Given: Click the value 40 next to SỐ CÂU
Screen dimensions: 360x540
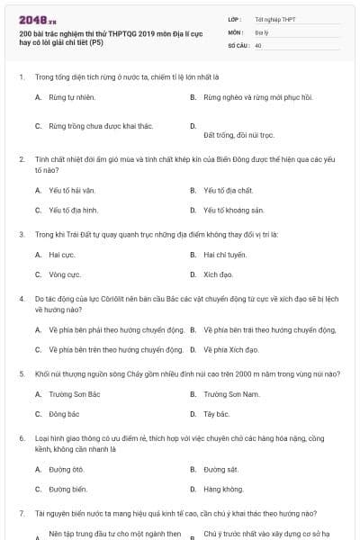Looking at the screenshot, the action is [x=258, y=44].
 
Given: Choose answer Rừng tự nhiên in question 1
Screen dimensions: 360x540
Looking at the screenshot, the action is [x=72, y=96].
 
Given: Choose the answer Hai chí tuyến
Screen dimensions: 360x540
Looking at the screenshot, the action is [x=223, y=255].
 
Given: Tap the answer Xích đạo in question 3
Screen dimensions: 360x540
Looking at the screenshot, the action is [x=218, y=274].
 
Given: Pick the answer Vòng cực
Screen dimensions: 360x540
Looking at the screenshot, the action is [x=65, y=274].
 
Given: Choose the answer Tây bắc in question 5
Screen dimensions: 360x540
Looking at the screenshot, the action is [x=217, y=414].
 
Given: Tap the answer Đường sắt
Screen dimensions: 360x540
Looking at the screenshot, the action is [x=220, y=470].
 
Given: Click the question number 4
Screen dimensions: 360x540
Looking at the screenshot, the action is [x=22, y=296].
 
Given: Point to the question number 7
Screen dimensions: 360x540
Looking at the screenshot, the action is [x=22, y=513].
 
